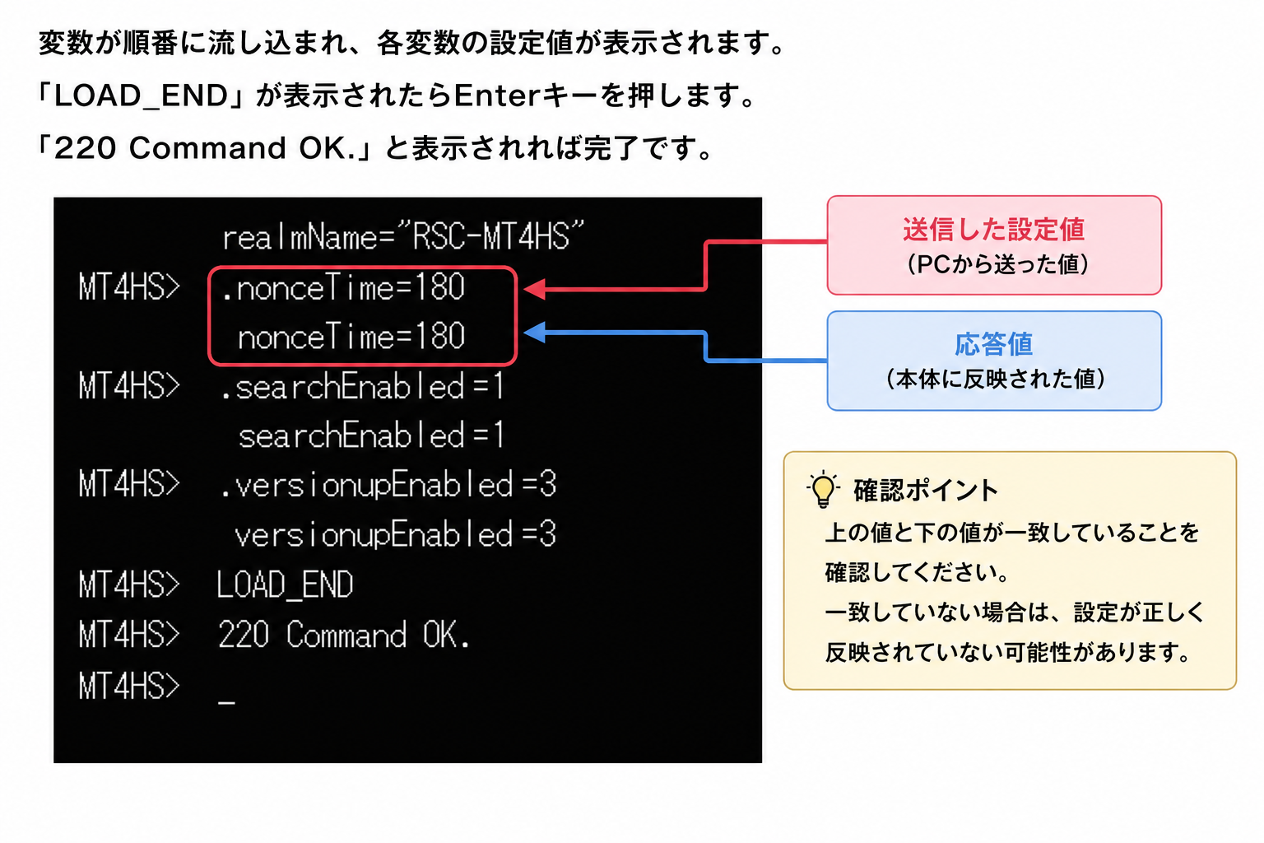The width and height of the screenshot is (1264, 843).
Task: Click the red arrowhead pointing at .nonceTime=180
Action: [534, 289]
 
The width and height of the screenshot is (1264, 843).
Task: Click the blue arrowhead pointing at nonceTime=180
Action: [534, 332]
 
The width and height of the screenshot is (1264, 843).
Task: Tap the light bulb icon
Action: [823, 489]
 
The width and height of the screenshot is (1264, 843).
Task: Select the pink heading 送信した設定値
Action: [994, 229]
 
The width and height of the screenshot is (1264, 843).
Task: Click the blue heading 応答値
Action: [994, 344]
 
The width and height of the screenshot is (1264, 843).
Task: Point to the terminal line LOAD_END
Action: [285, 585]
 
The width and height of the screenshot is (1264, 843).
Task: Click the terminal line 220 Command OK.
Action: [344, 635]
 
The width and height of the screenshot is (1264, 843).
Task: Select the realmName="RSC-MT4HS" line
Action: [403, 236]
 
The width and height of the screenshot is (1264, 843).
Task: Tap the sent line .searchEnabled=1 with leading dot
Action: [362, 387]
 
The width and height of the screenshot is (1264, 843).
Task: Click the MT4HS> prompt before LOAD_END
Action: [129, 585]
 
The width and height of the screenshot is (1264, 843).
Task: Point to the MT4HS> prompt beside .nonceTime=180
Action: [129, 286]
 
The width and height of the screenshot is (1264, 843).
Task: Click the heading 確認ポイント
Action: [926, 490]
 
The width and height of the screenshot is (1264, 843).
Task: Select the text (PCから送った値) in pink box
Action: [994, 264]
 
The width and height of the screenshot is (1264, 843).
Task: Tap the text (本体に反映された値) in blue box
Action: [994, 379]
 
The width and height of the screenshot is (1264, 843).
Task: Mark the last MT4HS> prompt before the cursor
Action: [129, 686]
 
